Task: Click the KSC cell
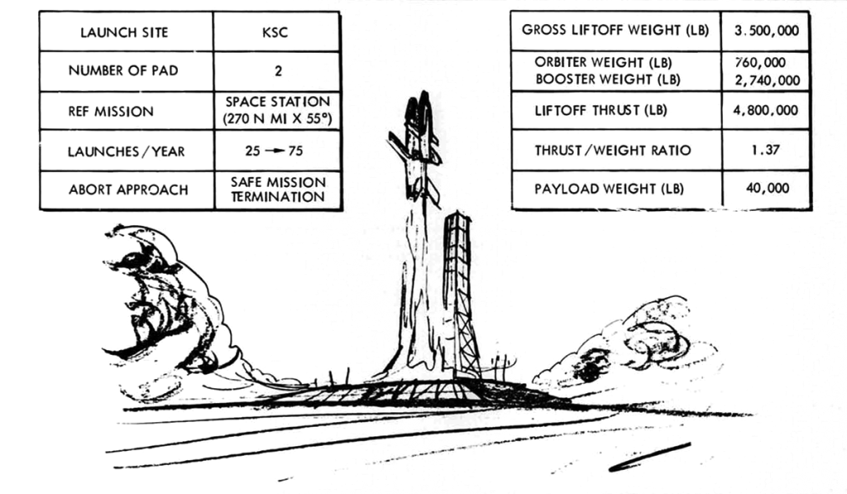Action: [x=277, y=32]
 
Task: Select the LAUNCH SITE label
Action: [x=124, y=32]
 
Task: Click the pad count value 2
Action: [x=278, y=71]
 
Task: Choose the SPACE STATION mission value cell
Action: [x=278, y=110]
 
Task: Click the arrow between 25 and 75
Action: [x=278, y=151]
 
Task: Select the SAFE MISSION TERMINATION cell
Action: [x=278, y=189]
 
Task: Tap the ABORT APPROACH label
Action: [x=128, y=189]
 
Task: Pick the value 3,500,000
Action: [x=766, y=31]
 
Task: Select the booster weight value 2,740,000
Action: [x=767, y=80]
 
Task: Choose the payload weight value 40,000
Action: [x=767, y=188]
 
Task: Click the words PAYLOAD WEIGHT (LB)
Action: [x=610, y=189]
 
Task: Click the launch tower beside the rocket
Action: [x=458, y=290]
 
